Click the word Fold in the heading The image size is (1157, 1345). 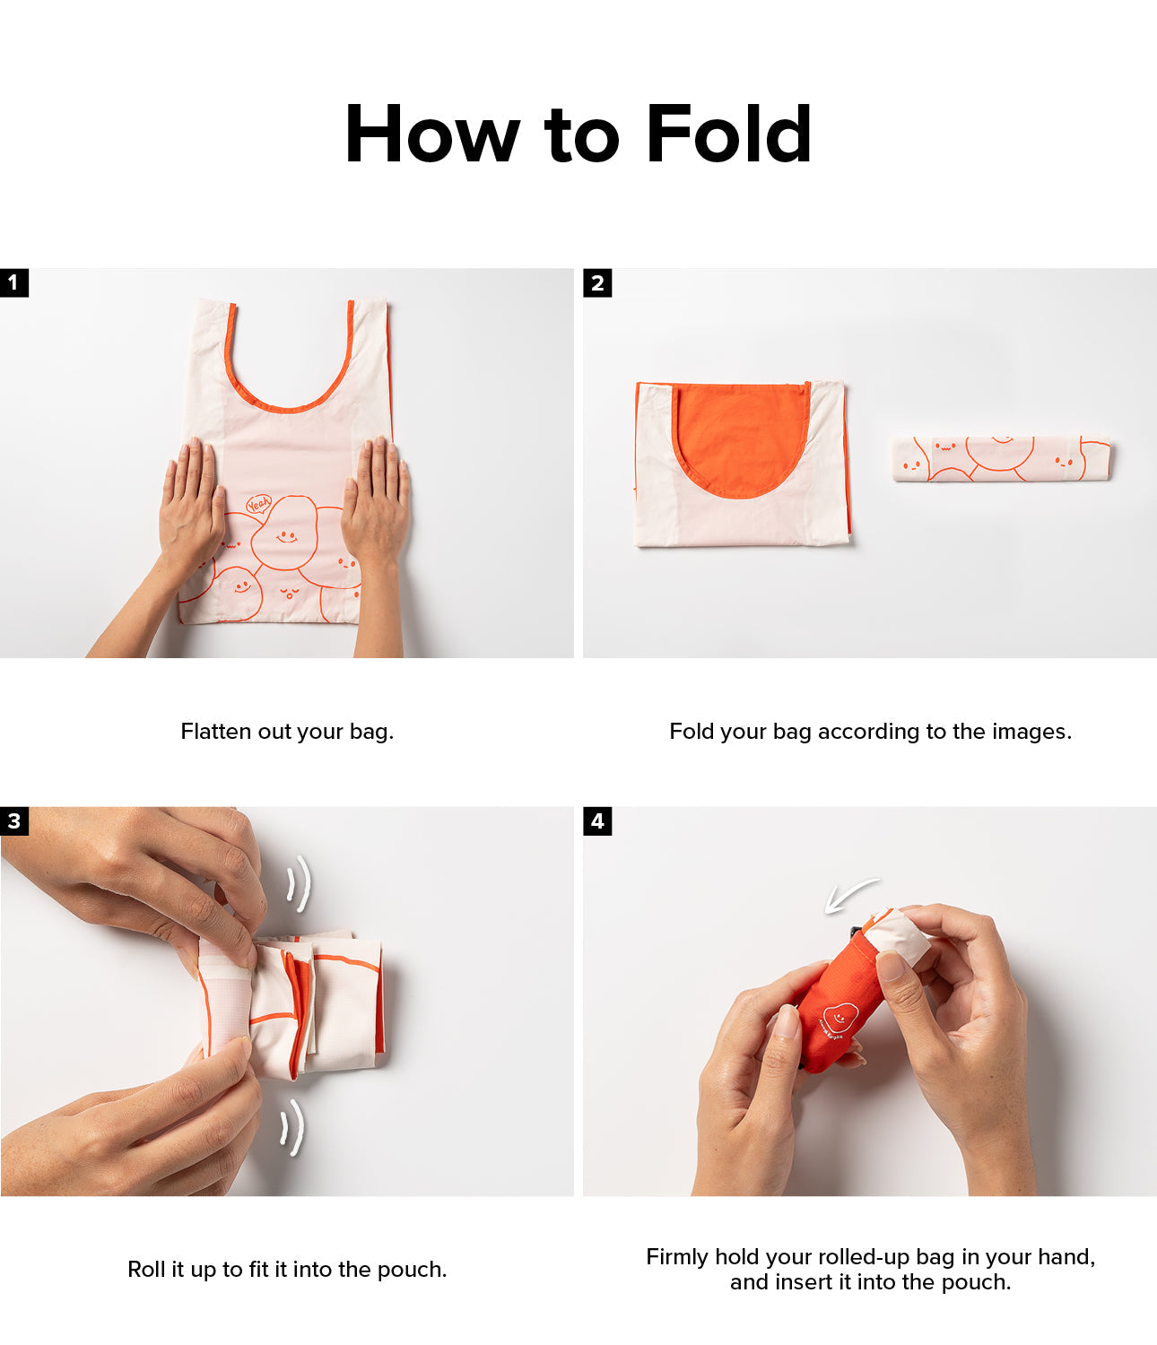(x=729, y=134)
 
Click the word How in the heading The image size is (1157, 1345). (x=432, y=134)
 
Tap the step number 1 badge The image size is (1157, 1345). (x=14, y=282)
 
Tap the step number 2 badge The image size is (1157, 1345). (x=597, y=282)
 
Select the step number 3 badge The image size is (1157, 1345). (x=14, y=821)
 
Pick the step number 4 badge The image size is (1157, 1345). (x=597, y=821)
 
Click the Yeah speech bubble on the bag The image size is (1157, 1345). (x=259, y=504)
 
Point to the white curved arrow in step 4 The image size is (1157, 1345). (x=850, y=893)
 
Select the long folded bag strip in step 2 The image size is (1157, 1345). (x=1002, y=459)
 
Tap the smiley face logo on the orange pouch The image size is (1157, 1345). (x=840, y=1016)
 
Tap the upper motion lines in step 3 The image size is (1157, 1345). (x=300, y=882)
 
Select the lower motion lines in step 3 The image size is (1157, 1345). (x=292, y=1127)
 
